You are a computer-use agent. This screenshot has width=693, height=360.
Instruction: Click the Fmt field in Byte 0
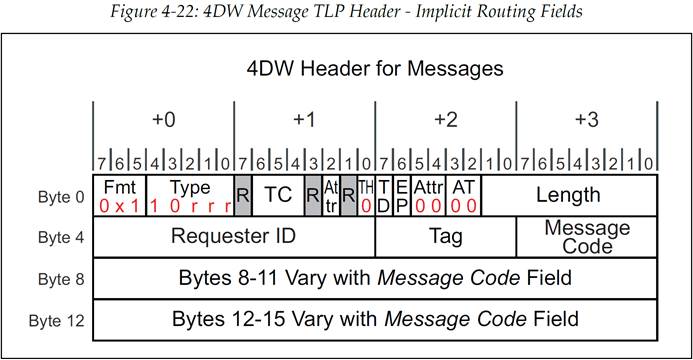point(119,195)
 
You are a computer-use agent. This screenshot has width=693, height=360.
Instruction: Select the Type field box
point(190,195)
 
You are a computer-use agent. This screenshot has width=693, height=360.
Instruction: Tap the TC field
point(278,195)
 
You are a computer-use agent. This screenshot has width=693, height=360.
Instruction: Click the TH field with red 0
point(366,195)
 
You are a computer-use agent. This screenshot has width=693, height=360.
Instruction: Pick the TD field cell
point(384,195)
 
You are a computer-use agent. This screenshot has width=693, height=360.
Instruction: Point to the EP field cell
point(401,195)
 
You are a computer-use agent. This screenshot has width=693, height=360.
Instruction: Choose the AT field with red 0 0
point(464,195)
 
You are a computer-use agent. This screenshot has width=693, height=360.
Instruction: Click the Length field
point(569,195)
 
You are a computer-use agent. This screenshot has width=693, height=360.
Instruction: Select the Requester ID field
point(234,236)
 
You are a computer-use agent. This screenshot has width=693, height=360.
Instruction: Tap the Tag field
point(446,236)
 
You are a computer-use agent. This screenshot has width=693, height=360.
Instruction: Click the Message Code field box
point(587,236)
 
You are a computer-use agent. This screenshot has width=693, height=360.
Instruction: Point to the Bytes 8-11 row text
point(375,278)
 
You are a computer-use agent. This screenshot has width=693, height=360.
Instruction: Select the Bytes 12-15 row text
point(375,319)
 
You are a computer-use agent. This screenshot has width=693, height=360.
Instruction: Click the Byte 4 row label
point(61,238)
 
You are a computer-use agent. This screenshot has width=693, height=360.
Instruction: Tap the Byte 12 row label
point(57,321)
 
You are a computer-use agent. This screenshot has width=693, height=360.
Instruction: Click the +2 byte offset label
point(446,119)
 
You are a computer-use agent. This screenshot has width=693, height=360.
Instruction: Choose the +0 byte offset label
point(164,119)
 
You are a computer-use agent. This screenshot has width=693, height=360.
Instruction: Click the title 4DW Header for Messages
point(375,69)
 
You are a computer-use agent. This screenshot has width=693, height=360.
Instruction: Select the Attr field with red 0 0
point(429,195)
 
